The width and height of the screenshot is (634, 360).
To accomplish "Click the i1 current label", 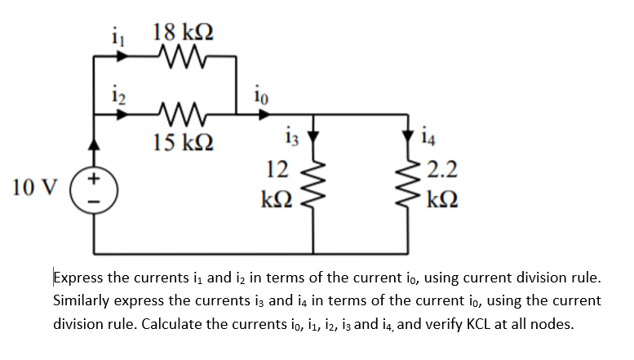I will pos(115,36).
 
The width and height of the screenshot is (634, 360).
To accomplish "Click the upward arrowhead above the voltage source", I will pos(96,148).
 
